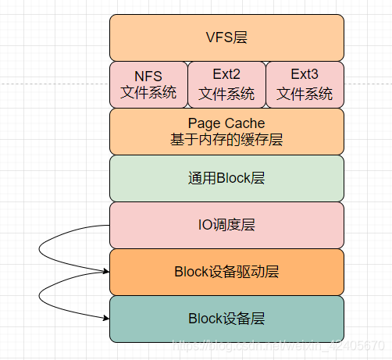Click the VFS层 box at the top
click(x=226, y=37)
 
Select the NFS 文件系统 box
click(x=148, y=84)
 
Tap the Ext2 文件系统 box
click(x=226, y=84)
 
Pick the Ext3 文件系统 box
click(x=305, y=84)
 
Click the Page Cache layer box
click(x=226, y=131)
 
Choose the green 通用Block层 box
click(x=226, y=178)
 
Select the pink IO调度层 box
click(x=226, y=225)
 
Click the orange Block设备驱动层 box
click(x=226, y=272)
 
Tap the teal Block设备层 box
click(x=226, y=319)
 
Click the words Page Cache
click(x=226, y=123)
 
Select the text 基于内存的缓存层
click(x=226, y=140)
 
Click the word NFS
click(x=148, y=76)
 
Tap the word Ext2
click(x=226, y=76)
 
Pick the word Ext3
click(x=305, y=76)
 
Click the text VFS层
click(x=226, y=37)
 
